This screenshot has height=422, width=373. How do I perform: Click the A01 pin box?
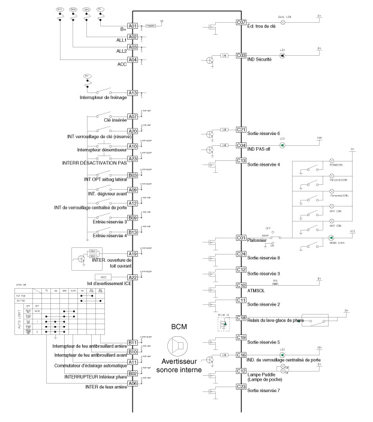tap(133, 26)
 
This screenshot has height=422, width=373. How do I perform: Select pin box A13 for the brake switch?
tap(133, 93)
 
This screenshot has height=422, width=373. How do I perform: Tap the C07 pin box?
tap(242, 22)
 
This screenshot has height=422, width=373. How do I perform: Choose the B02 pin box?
tap(133, 373)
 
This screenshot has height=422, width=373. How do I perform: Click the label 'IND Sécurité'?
tap(260, 61)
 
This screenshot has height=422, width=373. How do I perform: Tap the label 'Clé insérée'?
tap(115, 120)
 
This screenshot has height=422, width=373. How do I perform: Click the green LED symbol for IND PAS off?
tap(282, 145)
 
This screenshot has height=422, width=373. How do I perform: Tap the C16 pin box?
tap(242, 355)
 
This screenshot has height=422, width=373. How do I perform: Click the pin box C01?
tap(242, 237)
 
